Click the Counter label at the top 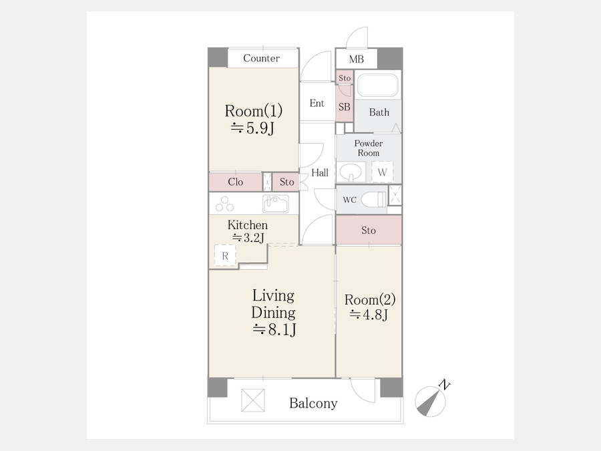coord(261,58)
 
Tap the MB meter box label coord(357,59)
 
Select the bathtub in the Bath coord(377,85)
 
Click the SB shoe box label coord(344,107)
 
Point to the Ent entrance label coord(317,103)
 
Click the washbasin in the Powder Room coord(351,172)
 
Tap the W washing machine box coord(382,172)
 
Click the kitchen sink coord(276,204)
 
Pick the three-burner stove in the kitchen coord(224,204)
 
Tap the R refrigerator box coord(225,255)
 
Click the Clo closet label coord(235,182)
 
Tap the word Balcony coord(313,403)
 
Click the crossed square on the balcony coord(253,400)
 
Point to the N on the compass coord(445,384)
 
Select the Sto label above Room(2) coord(369,231)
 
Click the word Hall coord(320,173)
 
